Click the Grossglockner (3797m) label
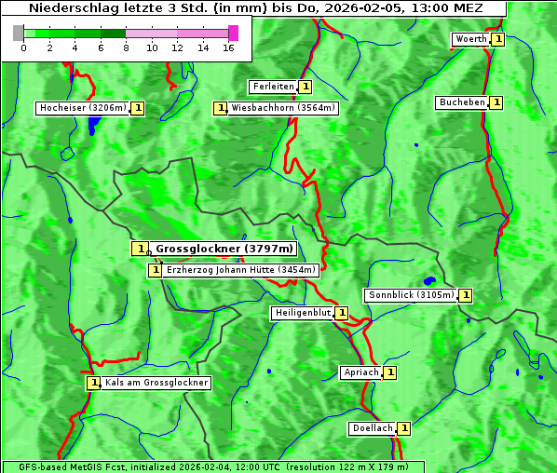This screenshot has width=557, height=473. tap(224, 249)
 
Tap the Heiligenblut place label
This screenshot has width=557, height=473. tap(302, 313)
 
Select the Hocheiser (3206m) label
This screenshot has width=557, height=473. tap(82, 108)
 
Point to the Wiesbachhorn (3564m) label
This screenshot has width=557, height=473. tap(283, 108)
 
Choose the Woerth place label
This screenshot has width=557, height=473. tap(470, 39)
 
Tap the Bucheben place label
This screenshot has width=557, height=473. tap(462, 102)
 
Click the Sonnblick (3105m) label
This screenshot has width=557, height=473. tap(411, 295)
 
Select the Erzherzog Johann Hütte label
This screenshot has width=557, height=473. tap(240, 270)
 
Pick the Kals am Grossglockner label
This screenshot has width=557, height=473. tap(156, 383)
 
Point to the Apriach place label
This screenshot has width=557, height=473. tap(361, 372)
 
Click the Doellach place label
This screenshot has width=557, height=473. tap(373, 428)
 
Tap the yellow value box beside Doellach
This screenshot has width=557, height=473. tap(404, 428)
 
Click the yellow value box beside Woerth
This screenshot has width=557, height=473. tap(498, 39)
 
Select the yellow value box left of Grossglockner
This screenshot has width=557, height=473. tap(139, 249)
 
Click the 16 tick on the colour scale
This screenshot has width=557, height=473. tap(228, 47)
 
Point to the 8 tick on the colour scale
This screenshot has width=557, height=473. tap(126, 47)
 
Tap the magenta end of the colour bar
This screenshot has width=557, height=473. tap(233, 33)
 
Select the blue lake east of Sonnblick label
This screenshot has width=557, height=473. tap(429, 280)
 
